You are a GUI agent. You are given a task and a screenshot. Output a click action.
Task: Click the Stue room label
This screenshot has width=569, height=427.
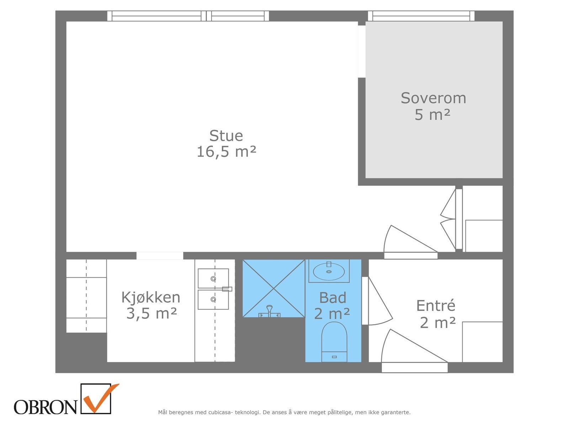point(226,136)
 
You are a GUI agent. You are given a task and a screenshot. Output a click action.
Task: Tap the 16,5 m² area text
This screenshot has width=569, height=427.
point(226,152)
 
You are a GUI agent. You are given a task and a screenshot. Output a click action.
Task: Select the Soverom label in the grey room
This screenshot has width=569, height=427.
point(433,98)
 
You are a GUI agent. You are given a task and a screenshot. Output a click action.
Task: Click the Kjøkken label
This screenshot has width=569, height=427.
point(151,297)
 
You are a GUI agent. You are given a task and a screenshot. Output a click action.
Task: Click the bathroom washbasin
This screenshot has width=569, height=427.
point(329,272)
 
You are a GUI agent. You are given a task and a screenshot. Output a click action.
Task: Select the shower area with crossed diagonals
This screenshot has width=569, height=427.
point(273,285)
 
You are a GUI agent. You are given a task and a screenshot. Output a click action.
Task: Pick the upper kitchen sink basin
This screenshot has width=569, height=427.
point(213,278)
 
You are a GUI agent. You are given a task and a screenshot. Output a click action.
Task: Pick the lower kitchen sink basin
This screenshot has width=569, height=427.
point(213,300)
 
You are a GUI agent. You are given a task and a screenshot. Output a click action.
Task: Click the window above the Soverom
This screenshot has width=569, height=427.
point(421,16)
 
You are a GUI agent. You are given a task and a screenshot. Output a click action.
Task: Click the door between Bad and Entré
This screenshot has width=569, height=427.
point(365,301)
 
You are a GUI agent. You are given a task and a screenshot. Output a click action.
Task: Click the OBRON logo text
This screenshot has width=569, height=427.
point(46,407)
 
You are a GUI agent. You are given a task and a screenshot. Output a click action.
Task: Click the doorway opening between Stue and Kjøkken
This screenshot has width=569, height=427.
point(160,255)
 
